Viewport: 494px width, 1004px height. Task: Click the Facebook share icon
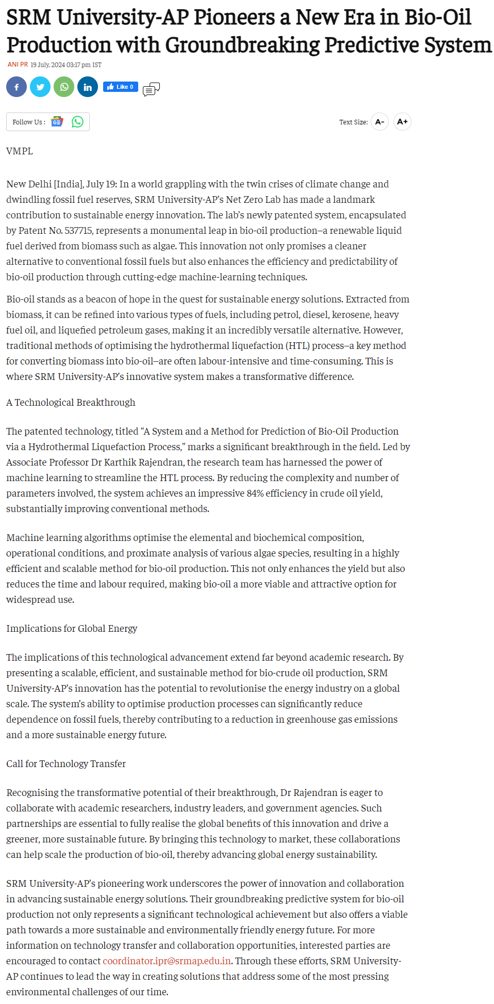click(x=17, y=87)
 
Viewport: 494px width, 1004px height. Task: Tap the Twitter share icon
click(x=40, y=87)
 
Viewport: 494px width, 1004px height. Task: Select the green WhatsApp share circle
click(x=64, y=87)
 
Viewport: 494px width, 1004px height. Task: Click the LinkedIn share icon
click(x=88, y=87)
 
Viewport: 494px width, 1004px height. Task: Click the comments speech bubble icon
click(x=151, y=89)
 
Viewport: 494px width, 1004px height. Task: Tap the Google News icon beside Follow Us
click(x=57, y=122)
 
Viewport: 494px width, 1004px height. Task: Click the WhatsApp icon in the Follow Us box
click(x=77, y=122)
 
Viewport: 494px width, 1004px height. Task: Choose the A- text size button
click(x=380, y=122)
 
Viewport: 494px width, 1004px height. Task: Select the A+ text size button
click(x=402, y=122)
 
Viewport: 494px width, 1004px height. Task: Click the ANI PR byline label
click(x=18, y=65)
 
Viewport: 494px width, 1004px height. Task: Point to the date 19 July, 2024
click(x=47, y=65)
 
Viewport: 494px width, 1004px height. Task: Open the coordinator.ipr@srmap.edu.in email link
click(x=167, y=961)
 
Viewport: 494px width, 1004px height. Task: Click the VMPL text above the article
click(x=20, y=151)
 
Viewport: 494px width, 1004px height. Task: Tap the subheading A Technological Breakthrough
click(x=71, y=402)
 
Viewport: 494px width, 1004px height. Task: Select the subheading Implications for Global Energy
click(x=72, y=628)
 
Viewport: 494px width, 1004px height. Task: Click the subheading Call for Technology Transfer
click(x=66, y=763)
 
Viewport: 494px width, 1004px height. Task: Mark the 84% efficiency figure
click(x=255, y=493)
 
